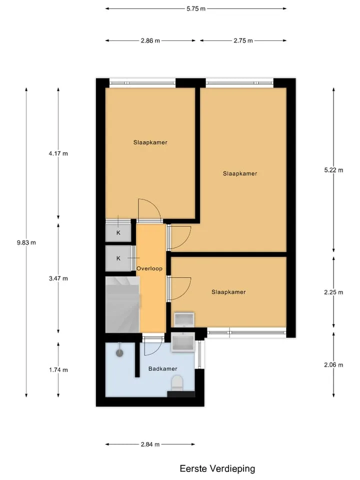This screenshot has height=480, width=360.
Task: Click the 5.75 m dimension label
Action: click(196, 9)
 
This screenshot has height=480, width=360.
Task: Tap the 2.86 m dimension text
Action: click(150, 40)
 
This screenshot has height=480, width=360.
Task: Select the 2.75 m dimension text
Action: click(243, 40)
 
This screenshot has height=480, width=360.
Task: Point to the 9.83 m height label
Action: click(26, 243)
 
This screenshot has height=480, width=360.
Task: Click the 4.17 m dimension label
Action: click(58, 153)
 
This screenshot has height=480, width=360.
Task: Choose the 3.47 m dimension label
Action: click(58, 278)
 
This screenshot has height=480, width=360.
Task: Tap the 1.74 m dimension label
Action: click(58, 370)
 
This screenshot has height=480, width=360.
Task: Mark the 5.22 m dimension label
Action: click(333, 170)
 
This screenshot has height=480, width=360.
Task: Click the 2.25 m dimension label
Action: click(333, 292)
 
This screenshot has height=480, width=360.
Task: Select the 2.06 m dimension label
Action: click(333, 365)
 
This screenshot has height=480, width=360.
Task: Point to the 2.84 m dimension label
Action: click(150, 444)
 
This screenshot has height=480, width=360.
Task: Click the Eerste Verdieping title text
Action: click(217, 468)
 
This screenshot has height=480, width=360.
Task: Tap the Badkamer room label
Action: click(163, 369)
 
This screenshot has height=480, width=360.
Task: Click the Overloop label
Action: click(149, 269)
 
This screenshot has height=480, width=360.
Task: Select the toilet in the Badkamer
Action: click(177, 383)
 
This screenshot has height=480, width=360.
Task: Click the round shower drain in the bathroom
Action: click(119, 353)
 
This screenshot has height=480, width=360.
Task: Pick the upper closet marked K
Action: click(118, 232)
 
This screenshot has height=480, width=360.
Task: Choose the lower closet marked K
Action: click(118, 258)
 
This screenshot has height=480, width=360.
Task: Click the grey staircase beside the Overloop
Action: click(122, 304)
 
